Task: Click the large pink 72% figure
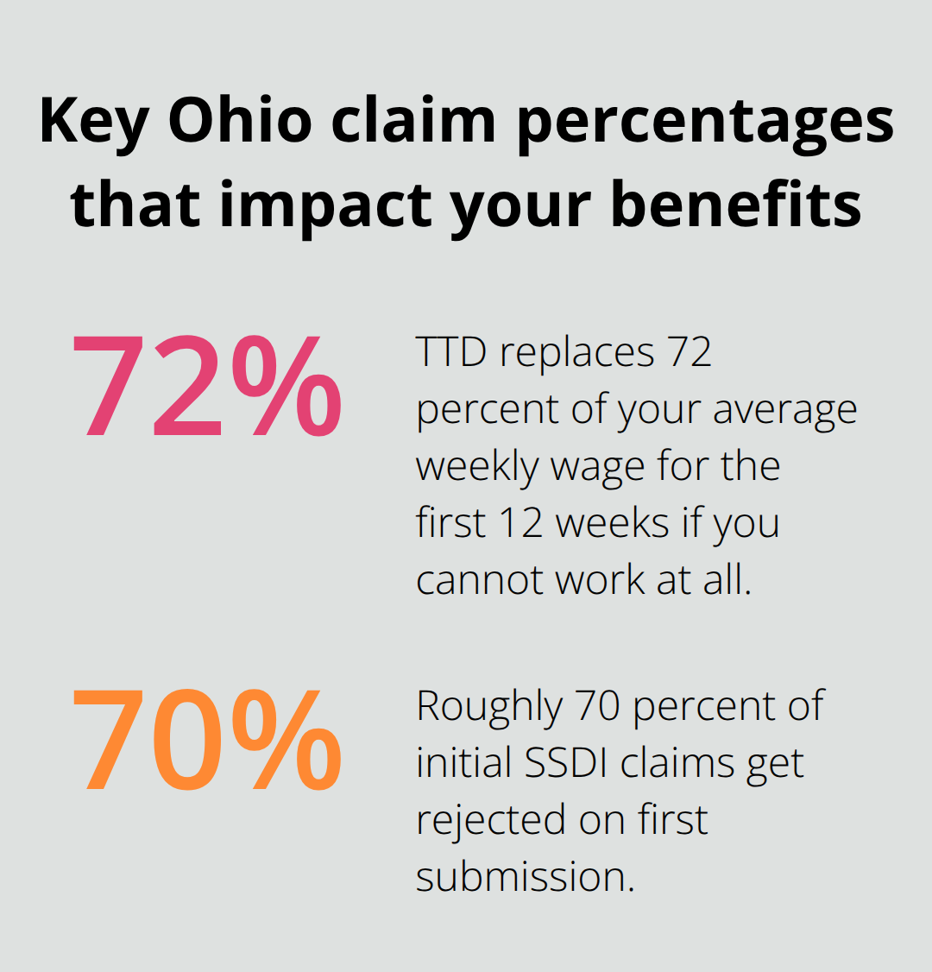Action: click(206, 388)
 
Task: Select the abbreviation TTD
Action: click(450, 352)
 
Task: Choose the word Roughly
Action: click(489, 706)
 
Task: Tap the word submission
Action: click(525, 877)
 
